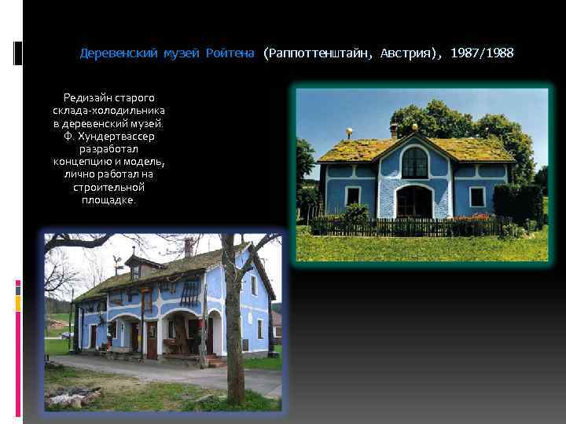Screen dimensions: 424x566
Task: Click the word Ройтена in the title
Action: [230, 53]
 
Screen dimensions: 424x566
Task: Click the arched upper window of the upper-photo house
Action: [413, 163]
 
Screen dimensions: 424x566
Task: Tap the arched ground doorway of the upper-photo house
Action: [413, 202]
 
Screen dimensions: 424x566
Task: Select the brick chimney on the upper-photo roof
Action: [394, 130]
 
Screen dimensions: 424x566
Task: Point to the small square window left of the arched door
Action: [353, 196]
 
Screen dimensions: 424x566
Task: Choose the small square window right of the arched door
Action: [477, 196]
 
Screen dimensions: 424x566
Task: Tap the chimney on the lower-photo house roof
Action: [189, 247]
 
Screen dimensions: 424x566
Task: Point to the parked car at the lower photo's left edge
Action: [66, 335]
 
